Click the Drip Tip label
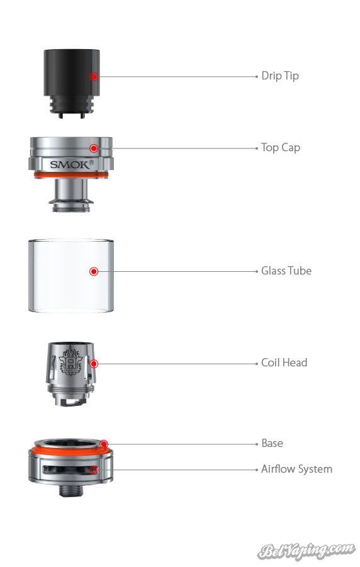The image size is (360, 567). pyautogui.click(x=279, y=76)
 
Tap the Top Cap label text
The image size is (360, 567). pyautogui.click(x=281, y=147)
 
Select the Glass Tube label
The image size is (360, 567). pyautogui.click(x=286, y=271)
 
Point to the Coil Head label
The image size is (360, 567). pyautogui.click(x=284, y=362)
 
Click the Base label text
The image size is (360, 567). pyautogui.click(x=272, y=443)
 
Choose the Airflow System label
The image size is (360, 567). pyautogui.click(x=296, y=469)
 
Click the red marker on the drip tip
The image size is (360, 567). pyautogui.click(x=94, y=76)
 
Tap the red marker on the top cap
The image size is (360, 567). pyautogui.click(x=94, y=149)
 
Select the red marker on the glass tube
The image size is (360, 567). pyautogui.click(x=94, y=271)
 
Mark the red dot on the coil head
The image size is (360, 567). pyautogui.click(x=94, y=363)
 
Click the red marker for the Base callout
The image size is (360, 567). pyautogui.click(x=104, y=444)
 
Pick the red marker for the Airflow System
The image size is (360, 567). pyautogui.click(x=94, y=469)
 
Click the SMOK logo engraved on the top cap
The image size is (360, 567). pyautogui.click(x=72, y=164)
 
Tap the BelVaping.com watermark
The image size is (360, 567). pyautogui.click(x=306, y=551)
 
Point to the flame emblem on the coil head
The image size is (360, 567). pyautogui.click(x=71, y=360)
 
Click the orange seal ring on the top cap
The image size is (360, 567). pyautogui.click(x=71, y=175)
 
